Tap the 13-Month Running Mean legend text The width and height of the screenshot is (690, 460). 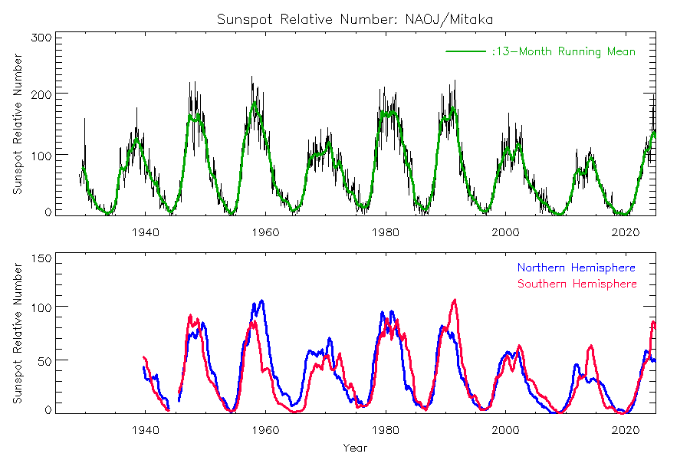pyautogui.click(x=563, y=51)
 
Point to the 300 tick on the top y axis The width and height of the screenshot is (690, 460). pyautogui.click(x=41, y=37)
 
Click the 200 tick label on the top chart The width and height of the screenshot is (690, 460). pyautogui.click(x=41, y=94)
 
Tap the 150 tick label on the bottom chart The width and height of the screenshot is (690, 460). pyautogui.click(x=41, y=258)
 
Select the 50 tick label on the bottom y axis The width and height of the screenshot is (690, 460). pyautogui.click(x=44, y=360)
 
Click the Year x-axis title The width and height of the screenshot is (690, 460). pyautogui.click(x=355, y=447)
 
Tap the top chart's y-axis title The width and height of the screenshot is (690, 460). pyautogui.click(x=18, y=124)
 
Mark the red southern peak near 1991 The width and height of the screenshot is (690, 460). pyautogui.click(x=455, y=300)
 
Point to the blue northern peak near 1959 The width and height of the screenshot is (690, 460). pyautogui.click(x=261, y=301)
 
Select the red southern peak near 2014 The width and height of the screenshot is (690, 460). pyautogui.click(x=591, y=346)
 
